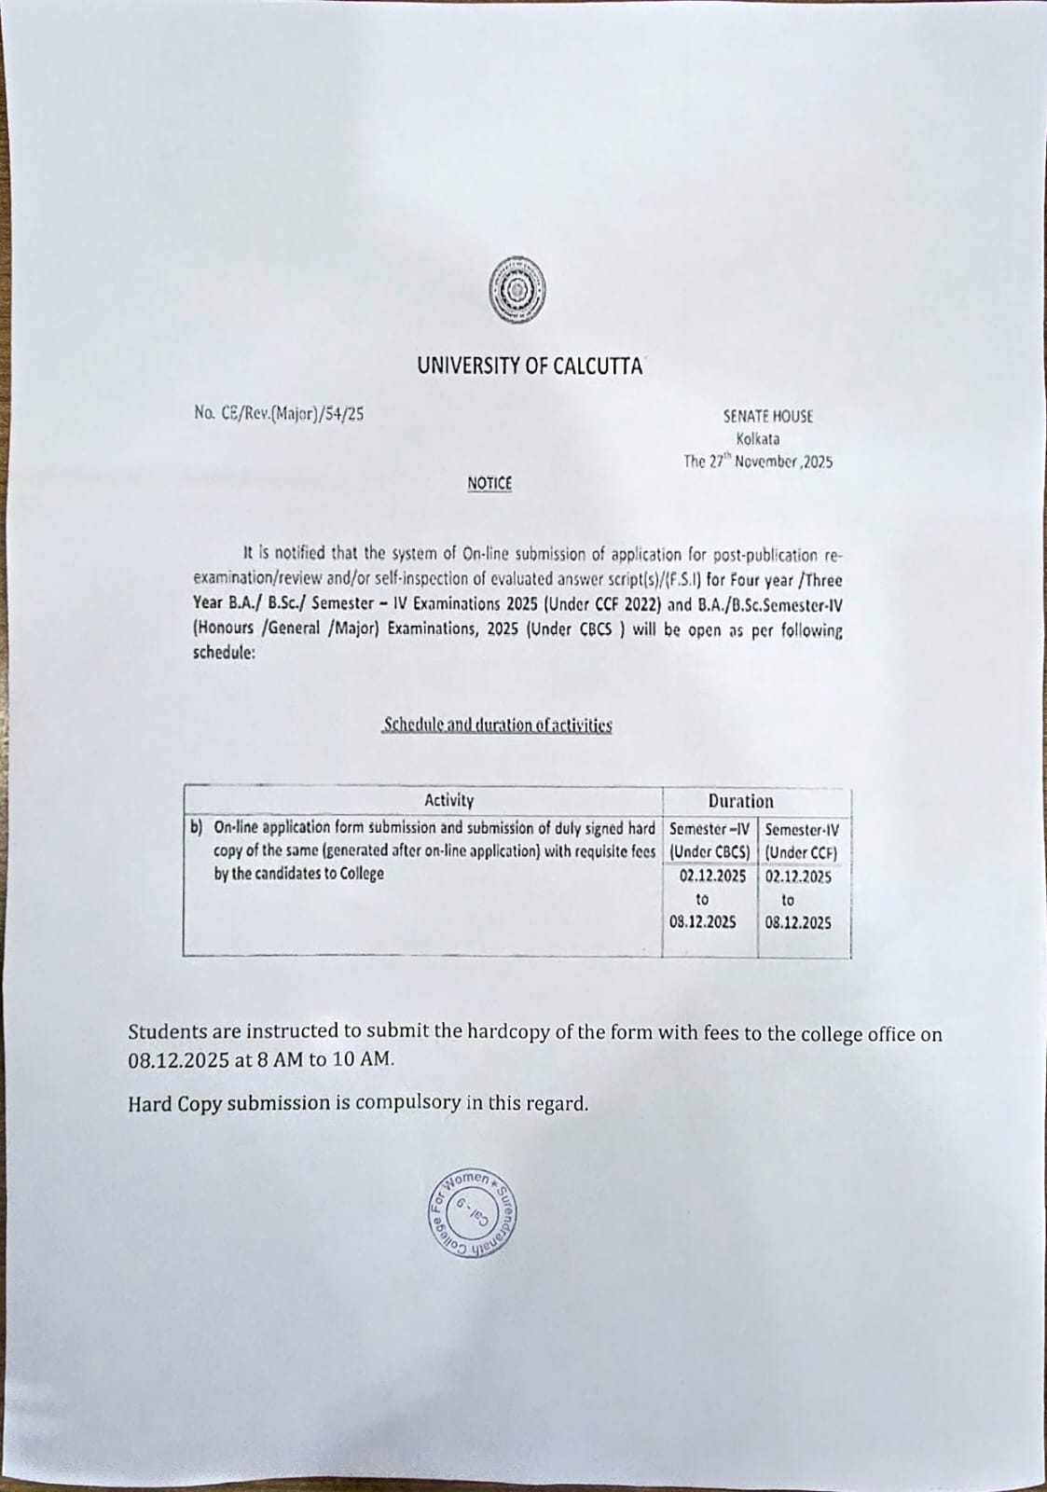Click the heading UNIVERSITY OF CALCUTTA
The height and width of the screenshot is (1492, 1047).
[529, 366]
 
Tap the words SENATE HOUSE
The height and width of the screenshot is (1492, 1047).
[767, 417]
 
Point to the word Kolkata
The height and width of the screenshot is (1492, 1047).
[758, 439]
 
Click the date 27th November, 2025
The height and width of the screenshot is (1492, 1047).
[758, 462]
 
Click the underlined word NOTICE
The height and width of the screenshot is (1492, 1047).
[489, 483]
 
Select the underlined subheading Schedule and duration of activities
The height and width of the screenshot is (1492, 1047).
[497, 725]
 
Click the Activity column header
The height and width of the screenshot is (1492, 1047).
[448, 800]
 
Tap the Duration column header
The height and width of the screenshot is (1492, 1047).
[740, 801]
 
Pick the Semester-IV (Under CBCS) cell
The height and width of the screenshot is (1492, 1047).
[709, 839]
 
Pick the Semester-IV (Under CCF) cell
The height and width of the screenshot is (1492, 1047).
[803, 839]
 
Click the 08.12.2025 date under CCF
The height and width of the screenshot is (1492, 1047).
[798, 923]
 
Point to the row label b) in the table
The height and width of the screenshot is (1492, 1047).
[197, 826]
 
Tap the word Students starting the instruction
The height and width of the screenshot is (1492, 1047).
[166, 1033]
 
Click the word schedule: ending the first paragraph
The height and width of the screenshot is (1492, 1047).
[223, 653]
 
